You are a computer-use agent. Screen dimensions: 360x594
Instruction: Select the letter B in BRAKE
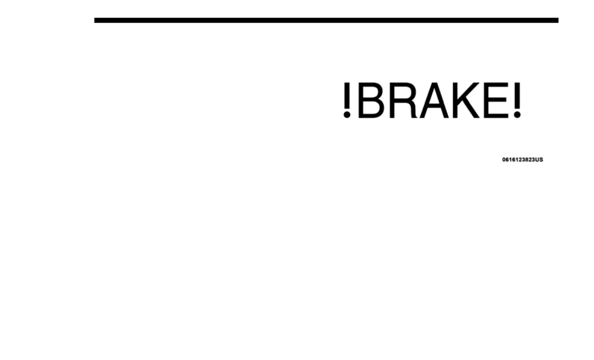(370, 100)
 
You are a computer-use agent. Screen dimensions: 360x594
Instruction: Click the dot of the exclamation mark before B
(347, 115)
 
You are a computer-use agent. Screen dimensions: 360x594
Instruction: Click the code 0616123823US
(522, 159)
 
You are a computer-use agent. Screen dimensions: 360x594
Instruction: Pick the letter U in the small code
(536, 159)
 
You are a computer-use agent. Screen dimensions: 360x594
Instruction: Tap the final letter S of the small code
(541, 159)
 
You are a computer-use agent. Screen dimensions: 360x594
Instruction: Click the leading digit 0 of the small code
(504, 159)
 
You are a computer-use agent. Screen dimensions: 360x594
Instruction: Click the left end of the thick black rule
(96, 20)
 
